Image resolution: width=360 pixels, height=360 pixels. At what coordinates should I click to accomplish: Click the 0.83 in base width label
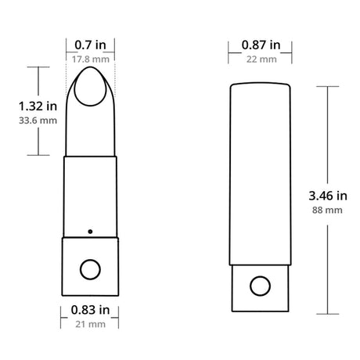coord(91,310)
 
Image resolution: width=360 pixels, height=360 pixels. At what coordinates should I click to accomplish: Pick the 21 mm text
coord(91,323)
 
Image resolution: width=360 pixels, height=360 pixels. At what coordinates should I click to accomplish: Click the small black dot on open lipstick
coord(91,231)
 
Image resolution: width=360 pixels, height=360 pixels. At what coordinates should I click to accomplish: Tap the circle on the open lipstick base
coord(91,269)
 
